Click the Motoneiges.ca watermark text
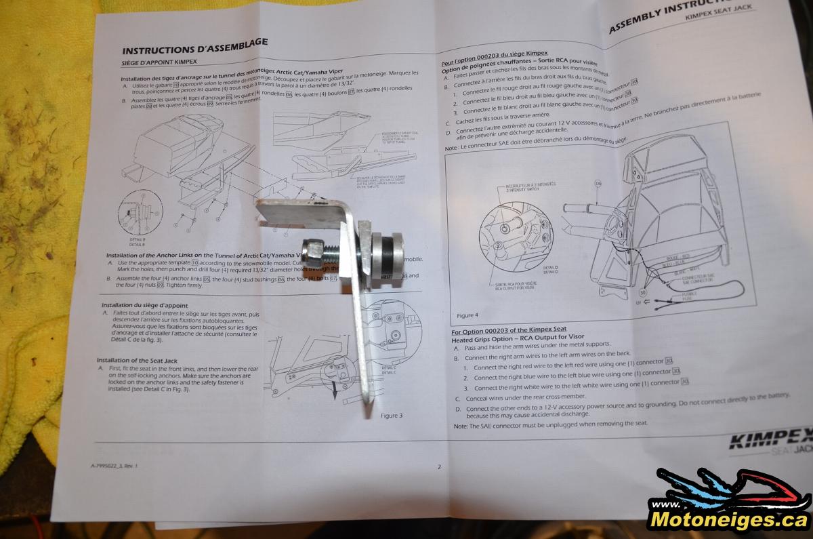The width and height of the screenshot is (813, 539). coord(728,519)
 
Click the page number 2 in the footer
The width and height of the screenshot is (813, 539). coord(439,466)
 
